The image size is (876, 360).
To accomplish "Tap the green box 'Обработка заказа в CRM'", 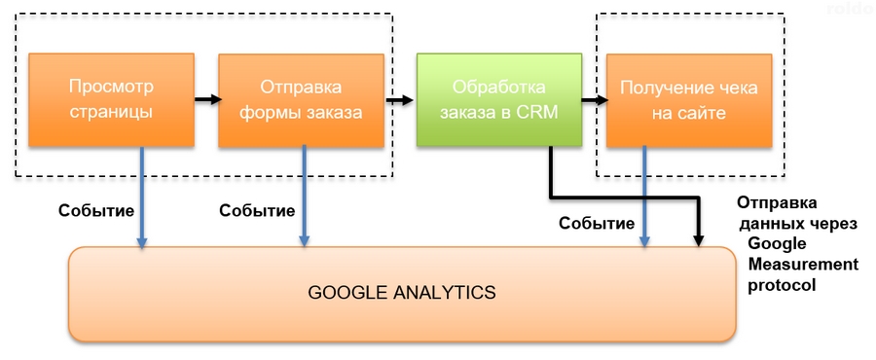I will [x=498, y=99].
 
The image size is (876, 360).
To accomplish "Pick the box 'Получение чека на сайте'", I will [x=681, y=99].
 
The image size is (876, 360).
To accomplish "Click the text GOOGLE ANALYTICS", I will [x=402, y=292].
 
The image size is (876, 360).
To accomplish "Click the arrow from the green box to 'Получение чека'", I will [x=594, y=98].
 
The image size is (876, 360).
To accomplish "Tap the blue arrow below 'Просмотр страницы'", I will [x=143, y=199].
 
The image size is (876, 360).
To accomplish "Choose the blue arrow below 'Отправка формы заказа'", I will [x=305, y=199].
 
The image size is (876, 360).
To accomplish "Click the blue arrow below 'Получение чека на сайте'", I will [x=645, y=199].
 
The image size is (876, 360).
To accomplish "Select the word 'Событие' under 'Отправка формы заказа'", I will [x=257, y=210].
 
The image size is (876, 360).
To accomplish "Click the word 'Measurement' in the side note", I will [x=803, y=265].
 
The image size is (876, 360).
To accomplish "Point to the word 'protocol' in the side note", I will [x=781, y=285].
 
